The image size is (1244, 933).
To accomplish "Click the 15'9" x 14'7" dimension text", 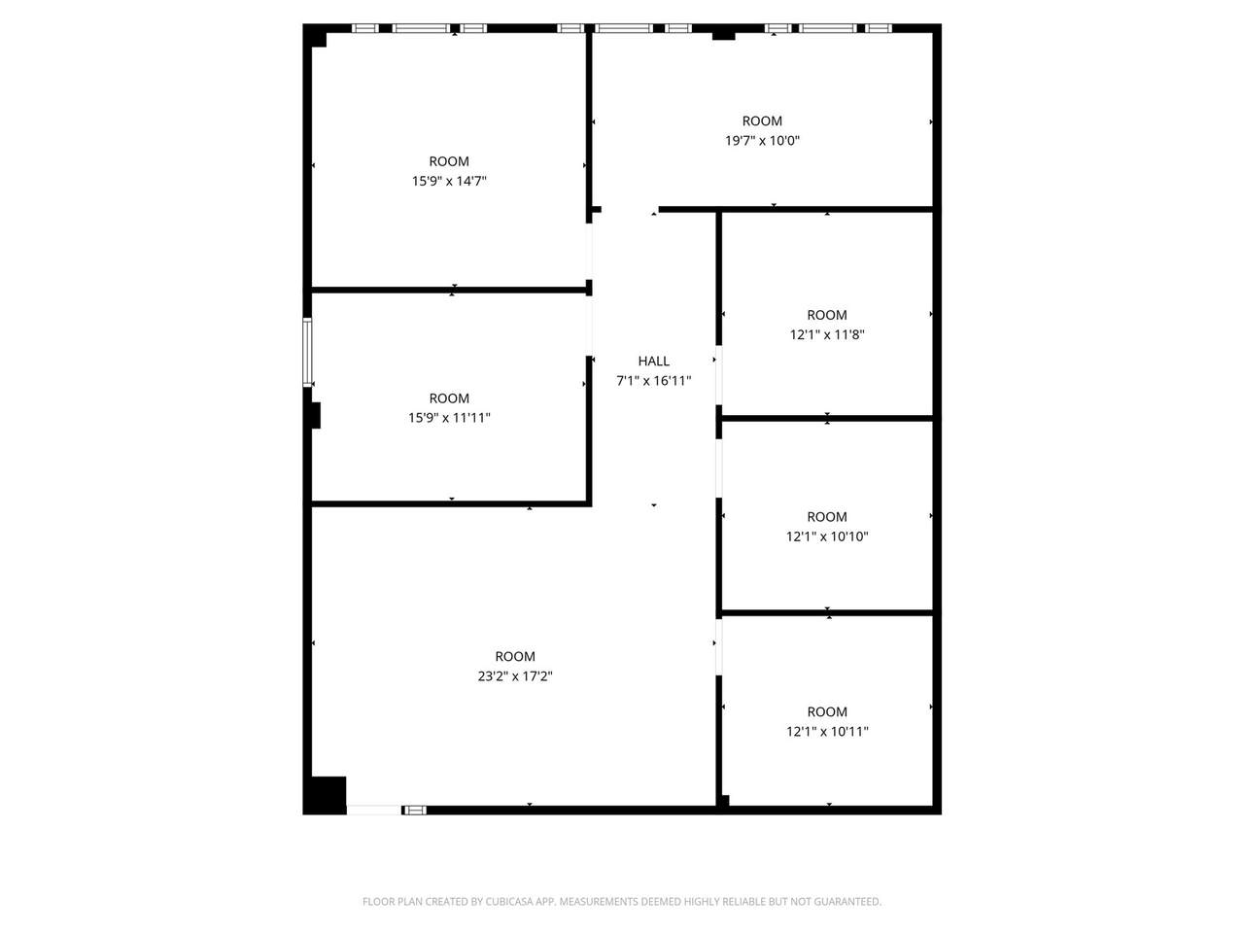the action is pyautogui.click(x=449, y=182).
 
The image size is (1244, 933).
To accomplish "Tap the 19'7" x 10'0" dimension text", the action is pyautogui.click(x=762, y=141).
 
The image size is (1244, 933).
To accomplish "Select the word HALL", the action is pyautogui.click(x=653, y=361).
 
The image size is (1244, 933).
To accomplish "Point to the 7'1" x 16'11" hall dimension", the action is pyautogui.click(x=653, y=381).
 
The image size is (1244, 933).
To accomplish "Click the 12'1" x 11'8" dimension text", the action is pyautogui.click(x=827, y=334).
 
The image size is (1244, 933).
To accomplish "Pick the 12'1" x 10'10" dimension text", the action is pyautogui.click(x=827, y=536).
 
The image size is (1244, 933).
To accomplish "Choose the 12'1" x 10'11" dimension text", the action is pyautogui.click(x=827, y=731).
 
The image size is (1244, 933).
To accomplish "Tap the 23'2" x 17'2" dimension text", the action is pyautogui.click(x=514, y=675).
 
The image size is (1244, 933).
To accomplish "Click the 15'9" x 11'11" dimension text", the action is pyautogui.click(x=449, y=418).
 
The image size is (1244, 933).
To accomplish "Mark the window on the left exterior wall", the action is pyautogui.click(x=307, y=352).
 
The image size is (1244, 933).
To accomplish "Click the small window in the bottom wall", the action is pyautogui.click(x=415, y=811).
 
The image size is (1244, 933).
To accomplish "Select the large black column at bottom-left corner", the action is pyautogui.click(x=325, y=795).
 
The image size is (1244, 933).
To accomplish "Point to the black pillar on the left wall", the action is pyautogui.click(x=315, y=415).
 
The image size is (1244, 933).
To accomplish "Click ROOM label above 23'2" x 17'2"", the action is pyautogui.click(x=514, y=656).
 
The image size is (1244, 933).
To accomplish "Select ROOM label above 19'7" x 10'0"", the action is pyautogui.click(x=762, y=121).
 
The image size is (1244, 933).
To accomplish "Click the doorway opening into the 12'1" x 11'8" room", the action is pyautogui.click(x=718, y=375).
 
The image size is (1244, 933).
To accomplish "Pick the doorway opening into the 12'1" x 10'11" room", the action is pyautogui.click(x=718, y=647).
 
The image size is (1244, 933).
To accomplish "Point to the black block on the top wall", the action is pyautogui.click(x=723, y=36).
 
